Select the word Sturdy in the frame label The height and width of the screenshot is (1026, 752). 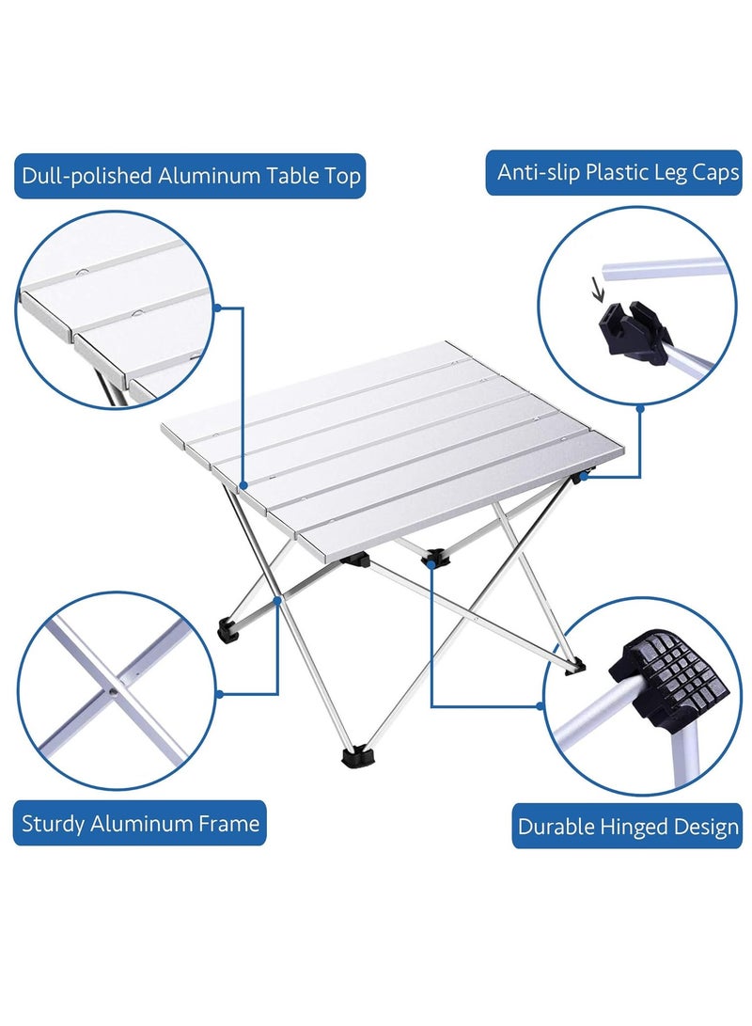55,825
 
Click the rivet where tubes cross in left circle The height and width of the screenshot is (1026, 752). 114,689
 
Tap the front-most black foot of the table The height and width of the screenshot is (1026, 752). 357,755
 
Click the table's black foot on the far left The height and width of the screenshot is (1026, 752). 228,629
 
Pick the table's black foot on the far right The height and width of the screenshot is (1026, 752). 574,666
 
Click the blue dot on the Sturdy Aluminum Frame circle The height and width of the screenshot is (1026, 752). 219,694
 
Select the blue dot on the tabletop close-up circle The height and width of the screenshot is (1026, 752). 218,308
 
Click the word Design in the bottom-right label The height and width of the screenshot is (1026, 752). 706,828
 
